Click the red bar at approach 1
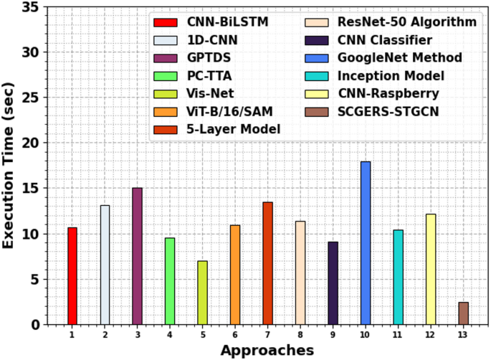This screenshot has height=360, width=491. point(72,276)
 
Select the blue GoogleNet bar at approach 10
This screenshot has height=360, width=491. point(366,243)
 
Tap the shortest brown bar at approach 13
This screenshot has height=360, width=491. point(463,313)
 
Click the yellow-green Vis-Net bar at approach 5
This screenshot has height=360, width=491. point(202,293)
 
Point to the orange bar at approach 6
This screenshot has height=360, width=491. point(235,275)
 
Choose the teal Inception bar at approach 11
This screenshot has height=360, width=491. point(398,277)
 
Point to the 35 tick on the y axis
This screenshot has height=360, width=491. point(29,7)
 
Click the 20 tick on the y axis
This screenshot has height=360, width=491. point(29,143)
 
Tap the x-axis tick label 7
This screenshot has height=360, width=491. point(267,335)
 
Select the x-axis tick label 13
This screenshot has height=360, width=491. point(463,335)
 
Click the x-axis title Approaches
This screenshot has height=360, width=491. point(267,350)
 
